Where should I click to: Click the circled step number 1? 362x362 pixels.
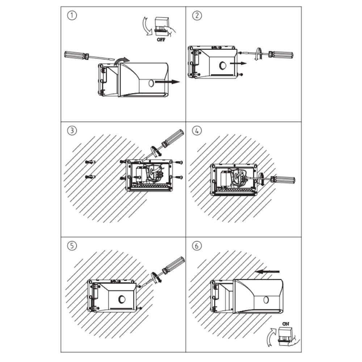click(72, 16)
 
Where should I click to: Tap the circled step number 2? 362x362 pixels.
click(197, 16)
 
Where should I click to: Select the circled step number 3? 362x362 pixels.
click(72, 130)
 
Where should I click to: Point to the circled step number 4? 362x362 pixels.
click(197, 130)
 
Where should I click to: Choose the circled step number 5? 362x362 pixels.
click(72, 246)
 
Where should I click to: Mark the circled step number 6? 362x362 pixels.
click(197, 246)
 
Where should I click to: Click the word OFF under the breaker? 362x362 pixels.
click(161, 40)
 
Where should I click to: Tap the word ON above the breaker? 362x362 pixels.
click(286, 324)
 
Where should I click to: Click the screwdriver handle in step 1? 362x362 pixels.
click(76, 56)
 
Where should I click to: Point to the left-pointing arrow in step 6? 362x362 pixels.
click(268, 272)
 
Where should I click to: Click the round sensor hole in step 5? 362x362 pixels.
click(122, 299)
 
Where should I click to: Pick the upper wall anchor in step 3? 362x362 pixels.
click(90, 162)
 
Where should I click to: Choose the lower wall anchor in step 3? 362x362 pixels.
click(90, 177)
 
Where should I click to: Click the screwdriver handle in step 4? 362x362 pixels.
click(283, 180)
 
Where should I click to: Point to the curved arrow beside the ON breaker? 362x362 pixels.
click(271, 337)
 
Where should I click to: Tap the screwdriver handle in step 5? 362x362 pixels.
click(173, 265)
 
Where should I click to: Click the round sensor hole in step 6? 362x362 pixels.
click(266, 300)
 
